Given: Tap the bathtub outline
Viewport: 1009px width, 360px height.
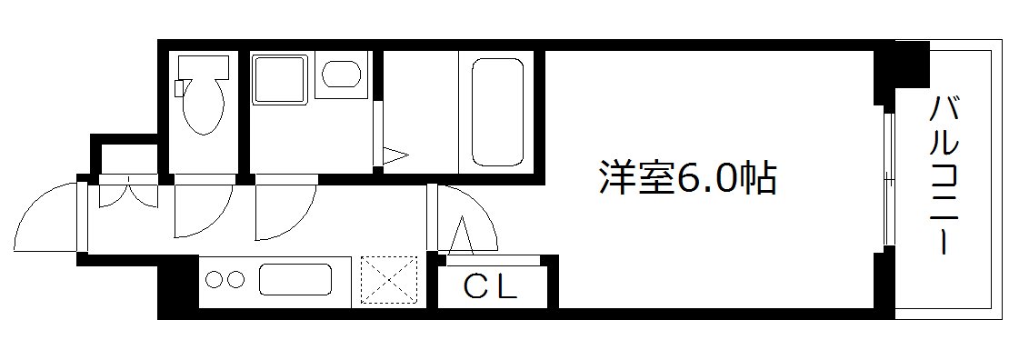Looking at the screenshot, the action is [496, 112].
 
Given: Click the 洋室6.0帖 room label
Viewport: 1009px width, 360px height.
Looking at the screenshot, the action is [686, 178].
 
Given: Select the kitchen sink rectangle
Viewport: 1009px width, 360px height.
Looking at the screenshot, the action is [296, 278].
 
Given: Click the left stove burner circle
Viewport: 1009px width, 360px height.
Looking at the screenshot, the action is [216, 279].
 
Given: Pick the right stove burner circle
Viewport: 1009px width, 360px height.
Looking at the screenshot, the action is [235, 279].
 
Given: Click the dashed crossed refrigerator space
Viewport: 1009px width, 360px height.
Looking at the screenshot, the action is [387, 278].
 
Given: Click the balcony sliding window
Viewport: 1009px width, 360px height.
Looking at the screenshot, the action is [888, 177].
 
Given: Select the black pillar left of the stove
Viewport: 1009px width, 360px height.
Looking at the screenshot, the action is [179, 288].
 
